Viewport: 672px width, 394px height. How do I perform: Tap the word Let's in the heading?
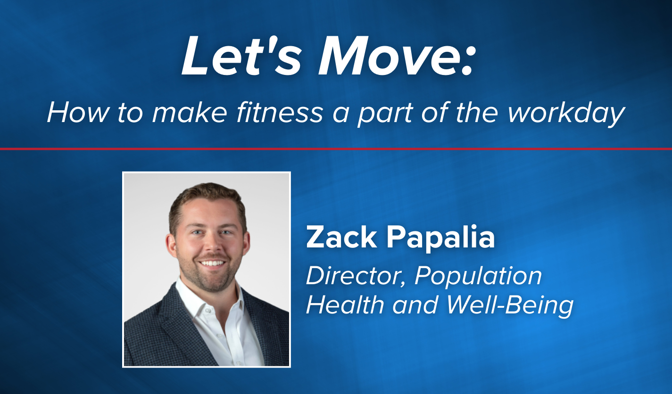click(x=242, y=57)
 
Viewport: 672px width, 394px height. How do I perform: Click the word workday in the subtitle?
click(x=566, y=113)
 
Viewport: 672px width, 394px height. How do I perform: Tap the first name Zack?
click(x=341, y=238)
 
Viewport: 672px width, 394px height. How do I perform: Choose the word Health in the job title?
click(x=345, y=304)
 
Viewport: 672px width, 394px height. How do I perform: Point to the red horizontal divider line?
click(x=336, y=149)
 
